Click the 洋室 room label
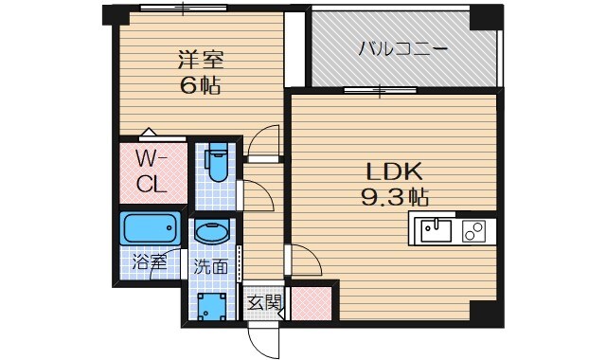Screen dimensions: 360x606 (200, 57)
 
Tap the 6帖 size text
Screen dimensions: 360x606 (200, 84)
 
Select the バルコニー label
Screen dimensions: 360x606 (402, 48)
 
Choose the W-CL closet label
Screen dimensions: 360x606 (152, 171)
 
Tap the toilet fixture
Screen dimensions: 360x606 (217, 164)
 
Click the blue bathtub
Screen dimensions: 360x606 (151, 229)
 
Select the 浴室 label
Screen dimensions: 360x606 (149, 262)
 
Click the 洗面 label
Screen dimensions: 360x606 (211, 266)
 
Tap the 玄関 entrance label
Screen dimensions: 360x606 (265, 302)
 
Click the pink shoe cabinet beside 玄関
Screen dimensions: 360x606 (310, 302)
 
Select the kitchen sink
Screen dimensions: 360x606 (437, 228)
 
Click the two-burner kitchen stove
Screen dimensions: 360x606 (473, 228)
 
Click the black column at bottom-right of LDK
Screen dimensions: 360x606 (484, 310)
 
